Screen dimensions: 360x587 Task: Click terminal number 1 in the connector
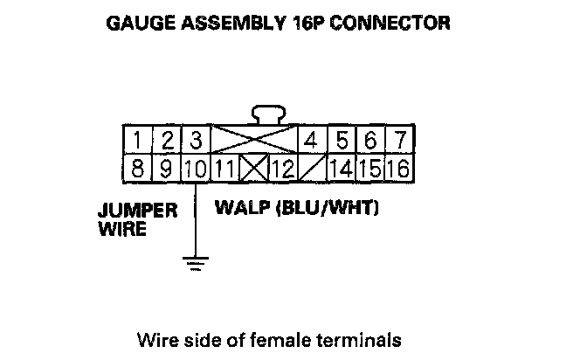[x=139, y=141]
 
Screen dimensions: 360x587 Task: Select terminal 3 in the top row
[x=196, y=141]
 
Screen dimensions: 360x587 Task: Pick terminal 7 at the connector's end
[x=398, y=141]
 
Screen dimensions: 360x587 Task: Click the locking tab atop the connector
[x=267, y=114]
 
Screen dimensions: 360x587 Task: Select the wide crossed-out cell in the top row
[x=252, y=140]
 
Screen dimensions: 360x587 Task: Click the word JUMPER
[x=138, y=211]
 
